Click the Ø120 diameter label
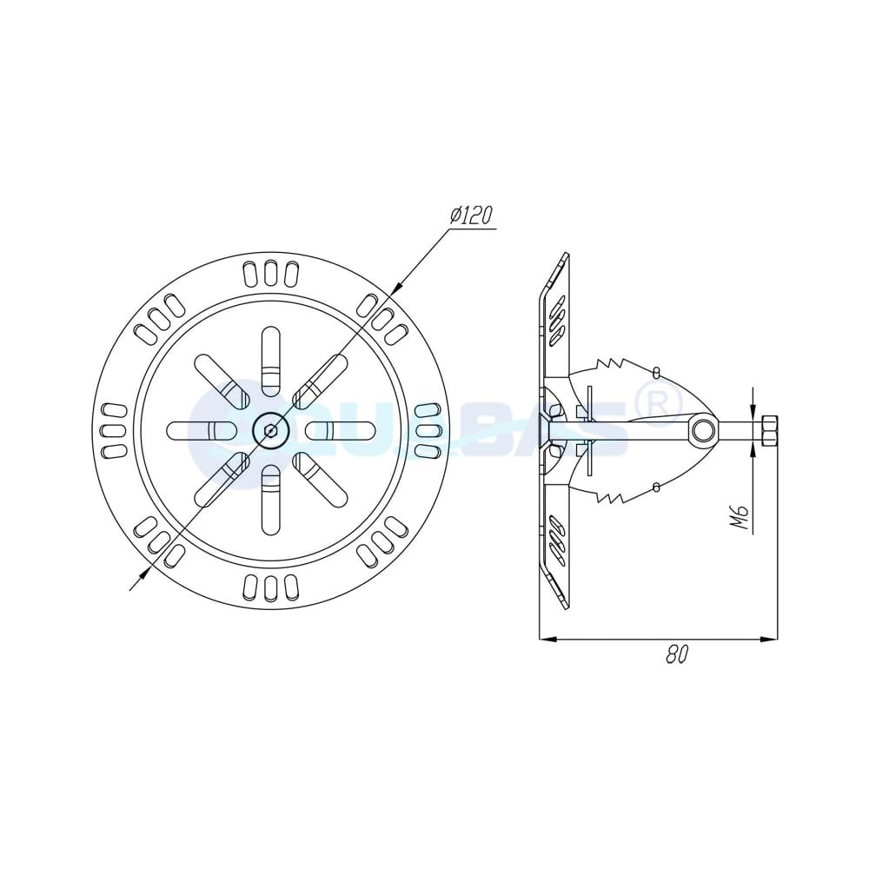point(472,216)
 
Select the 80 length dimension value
point(677,654)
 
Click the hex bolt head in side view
point(768,430)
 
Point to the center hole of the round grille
point(271,430)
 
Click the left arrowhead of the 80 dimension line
point(547,640)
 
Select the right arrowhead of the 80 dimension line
point(769,640)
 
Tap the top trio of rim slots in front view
point(271,273)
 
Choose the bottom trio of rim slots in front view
point(271,587)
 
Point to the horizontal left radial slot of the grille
point(201,430)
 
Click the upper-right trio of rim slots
point(383,318)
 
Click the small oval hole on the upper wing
point(656,372)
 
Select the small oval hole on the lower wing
point(656,487)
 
